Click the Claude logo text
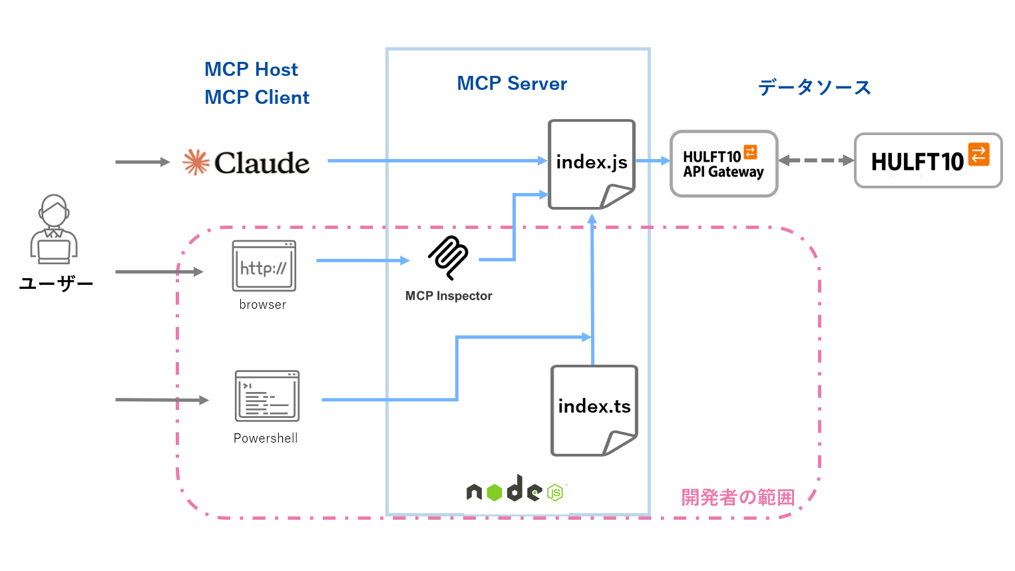262,163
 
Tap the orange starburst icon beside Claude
196,162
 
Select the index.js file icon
591,164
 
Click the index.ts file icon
594,410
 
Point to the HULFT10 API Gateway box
723,164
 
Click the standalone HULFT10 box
928,160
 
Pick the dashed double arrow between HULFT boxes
816,160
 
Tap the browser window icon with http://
264,266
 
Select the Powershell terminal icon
267,396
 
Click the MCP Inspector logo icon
449,257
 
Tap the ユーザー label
56,284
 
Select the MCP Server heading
512,84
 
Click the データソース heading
814,87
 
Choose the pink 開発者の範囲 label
737,497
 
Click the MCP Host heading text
251,69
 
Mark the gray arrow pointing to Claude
142,162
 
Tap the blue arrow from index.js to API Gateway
652,160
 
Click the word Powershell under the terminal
266,439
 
